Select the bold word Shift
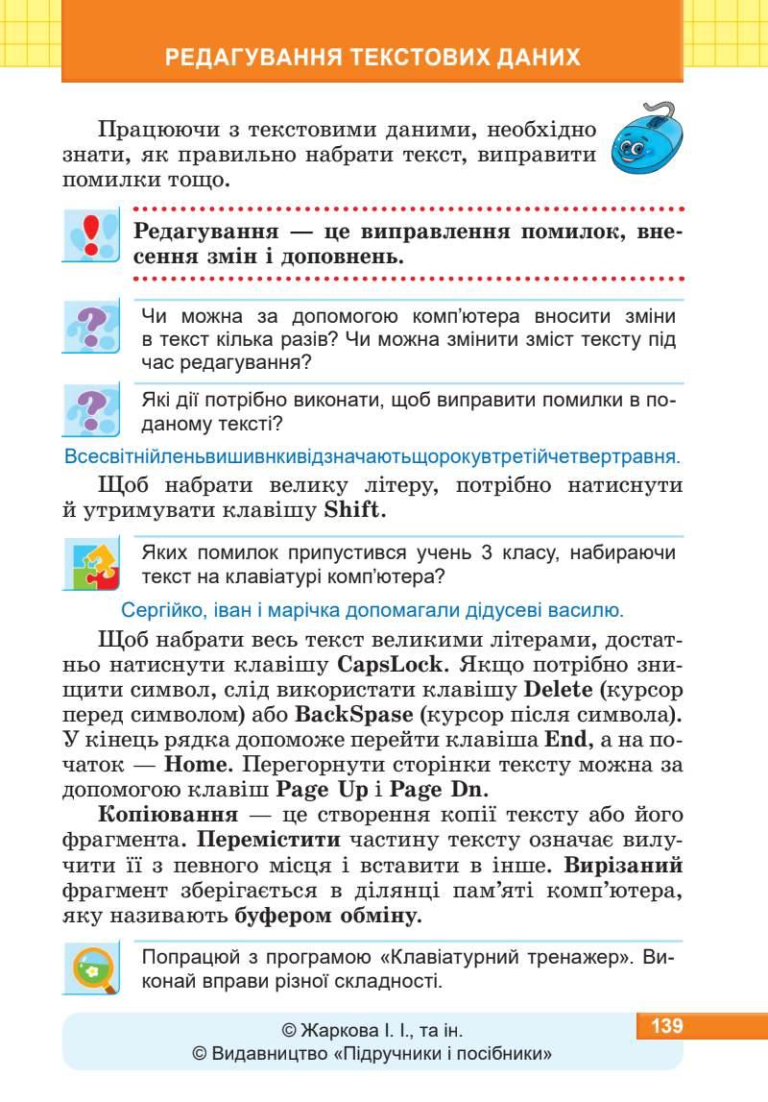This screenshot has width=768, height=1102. [x=354, y=510]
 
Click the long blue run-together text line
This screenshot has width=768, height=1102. [x=371, y=454]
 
